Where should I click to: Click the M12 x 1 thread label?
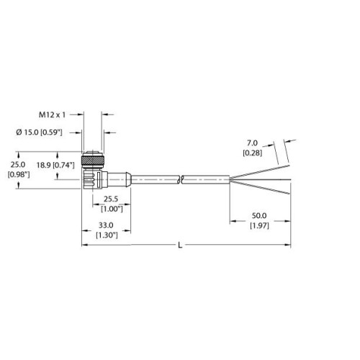(52, 115)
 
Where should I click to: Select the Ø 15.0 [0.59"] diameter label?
(39, 132)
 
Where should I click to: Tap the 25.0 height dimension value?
(18, 165)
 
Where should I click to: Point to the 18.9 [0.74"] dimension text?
(55, 165)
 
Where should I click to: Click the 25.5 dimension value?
(111, 199)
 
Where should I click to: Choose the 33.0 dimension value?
(106, 225)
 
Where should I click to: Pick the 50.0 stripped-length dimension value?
(259, 215)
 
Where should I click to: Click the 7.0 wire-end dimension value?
(252, 143)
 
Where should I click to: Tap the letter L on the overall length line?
(180, 246)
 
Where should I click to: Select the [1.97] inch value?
(259, 225)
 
